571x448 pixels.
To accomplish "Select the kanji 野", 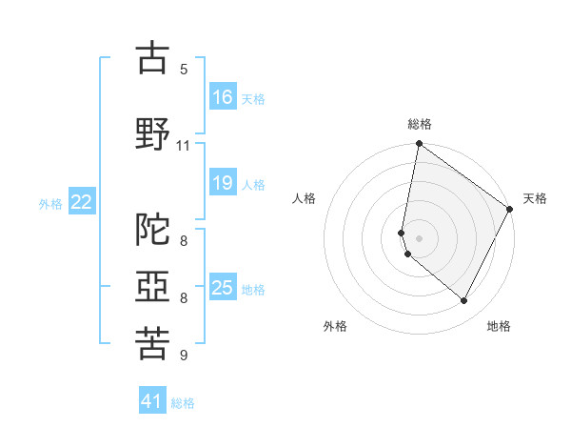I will [152, 133].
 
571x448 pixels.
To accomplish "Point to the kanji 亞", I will [152, 286].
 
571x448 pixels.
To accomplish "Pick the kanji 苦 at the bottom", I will [152, 344].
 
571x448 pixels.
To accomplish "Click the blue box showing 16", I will [223, 97].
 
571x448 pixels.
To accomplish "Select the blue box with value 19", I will [223, 184].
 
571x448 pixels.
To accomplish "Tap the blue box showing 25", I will [223, 288].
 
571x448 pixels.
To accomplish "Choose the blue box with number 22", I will [82, 202].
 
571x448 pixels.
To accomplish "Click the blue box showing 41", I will [152, 401].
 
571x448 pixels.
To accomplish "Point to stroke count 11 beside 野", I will [184, 146].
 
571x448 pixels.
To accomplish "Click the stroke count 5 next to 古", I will [184, 70].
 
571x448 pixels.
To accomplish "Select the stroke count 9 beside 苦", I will [184, 356].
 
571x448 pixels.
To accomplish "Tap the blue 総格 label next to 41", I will [183, 403].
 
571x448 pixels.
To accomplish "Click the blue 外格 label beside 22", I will [50, 203].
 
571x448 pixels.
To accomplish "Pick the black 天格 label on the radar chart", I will [535, 198].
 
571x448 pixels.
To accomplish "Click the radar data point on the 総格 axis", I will [419, 145].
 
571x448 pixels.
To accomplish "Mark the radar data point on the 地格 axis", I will [464, 301].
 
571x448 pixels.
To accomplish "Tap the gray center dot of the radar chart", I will [419, 238].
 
